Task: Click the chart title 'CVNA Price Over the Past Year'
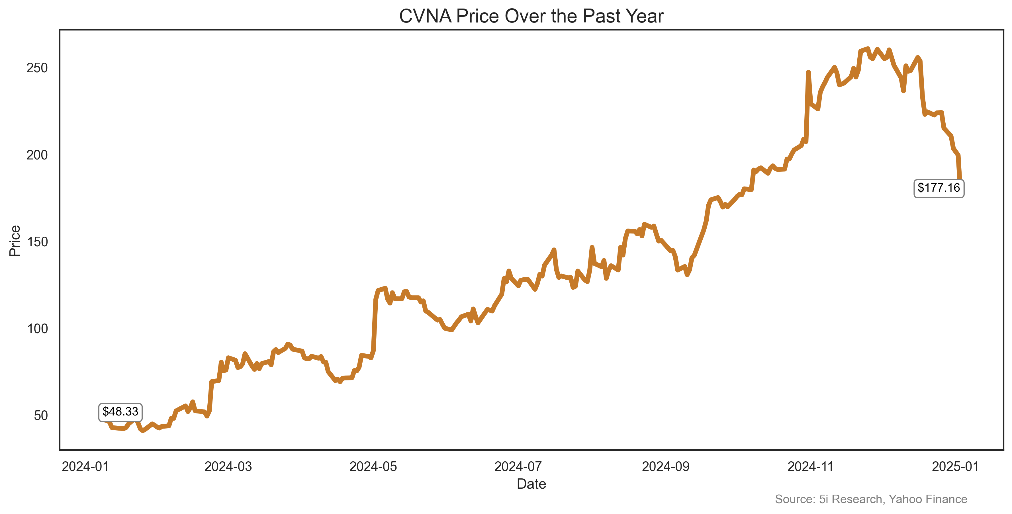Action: pyautogui.click(x=531, y=17)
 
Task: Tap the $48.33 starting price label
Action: pyautogui.click(x=120, y=411)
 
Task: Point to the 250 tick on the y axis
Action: pyautogui.click(x=37, y=68)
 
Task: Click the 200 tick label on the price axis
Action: pyautogui.click(x=37, y=155)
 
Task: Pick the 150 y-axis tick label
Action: pyautogui.click(x=37, y=242)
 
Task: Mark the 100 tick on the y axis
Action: pyautogui.click(x=37, y=329)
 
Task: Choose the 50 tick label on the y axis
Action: pyautogui.click(x=40, y=415)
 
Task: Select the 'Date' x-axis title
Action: pyautogui.click(x=531, y=484)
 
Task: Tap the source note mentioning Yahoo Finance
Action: pyautogui.click(x=871, y=499)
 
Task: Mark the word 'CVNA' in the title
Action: pyautogui.click(x=425, y=17)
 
